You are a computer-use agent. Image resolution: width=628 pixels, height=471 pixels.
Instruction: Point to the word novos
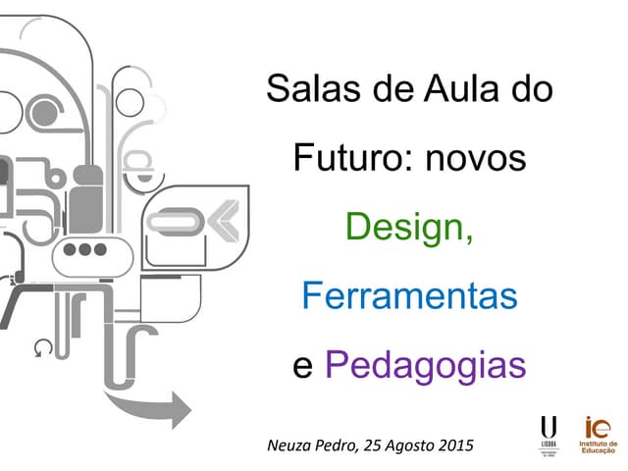pos(475,159)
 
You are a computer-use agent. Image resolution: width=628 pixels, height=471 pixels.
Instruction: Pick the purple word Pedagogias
pos(425,366)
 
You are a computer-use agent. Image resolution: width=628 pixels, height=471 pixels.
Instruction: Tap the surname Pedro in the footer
pos(337,445)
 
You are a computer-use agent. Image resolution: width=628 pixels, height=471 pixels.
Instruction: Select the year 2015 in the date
pos(453,445)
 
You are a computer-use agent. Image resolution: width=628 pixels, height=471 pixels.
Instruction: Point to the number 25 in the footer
pos(371,445)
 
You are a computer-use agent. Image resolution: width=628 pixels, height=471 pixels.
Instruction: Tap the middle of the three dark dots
pos(84,249)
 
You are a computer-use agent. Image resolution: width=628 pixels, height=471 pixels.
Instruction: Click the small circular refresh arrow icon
pos(41,347)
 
